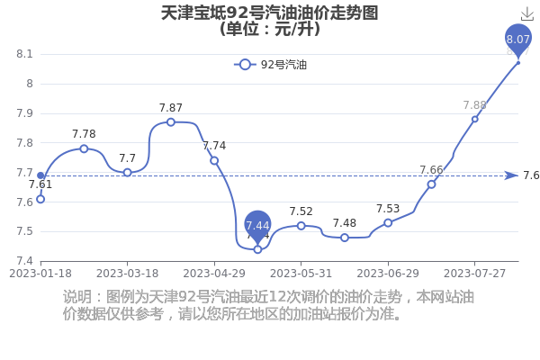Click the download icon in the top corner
click(526, 14)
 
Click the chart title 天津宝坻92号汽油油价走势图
click(270, 13)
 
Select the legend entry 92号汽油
click(270, 65)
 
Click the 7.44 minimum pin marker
click(257, 227)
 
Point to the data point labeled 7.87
click(171, 122)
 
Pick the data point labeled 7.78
click(84, 148)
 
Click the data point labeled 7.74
click(214, 160)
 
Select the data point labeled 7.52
click(301, 226)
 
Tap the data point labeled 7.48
click(345, 238)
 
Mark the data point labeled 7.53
click(388, 223)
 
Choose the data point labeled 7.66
click(431, 184)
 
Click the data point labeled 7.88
click(475, 119)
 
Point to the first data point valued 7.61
click(40, 199)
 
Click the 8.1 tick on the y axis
click(24, 54)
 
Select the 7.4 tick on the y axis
click(24, 261)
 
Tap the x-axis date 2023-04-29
click(214, 274)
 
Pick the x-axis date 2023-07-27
click(474, 274)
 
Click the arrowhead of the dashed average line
click(512, 175)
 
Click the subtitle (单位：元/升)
click(270, 29)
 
